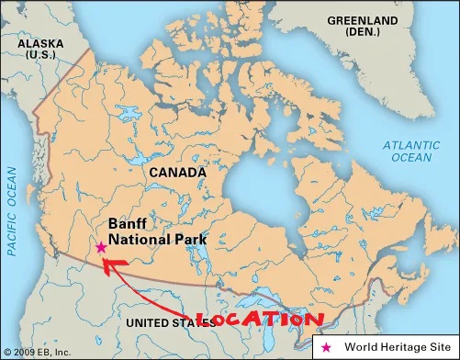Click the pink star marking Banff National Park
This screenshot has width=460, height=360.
point(100,247)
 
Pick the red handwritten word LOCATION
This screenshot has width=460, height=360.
point(262,321)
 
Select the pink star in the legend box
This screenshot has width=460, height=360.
point(329,347)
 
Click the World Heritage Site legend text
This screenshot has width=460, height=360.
point(397,347)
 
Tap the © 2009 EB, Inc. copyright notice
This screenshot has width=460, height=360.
point(37,353)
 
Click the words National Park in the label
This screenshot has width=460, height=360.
point(157,241)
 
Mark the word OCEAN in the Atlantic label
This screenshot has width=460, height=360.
point(412,157)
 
